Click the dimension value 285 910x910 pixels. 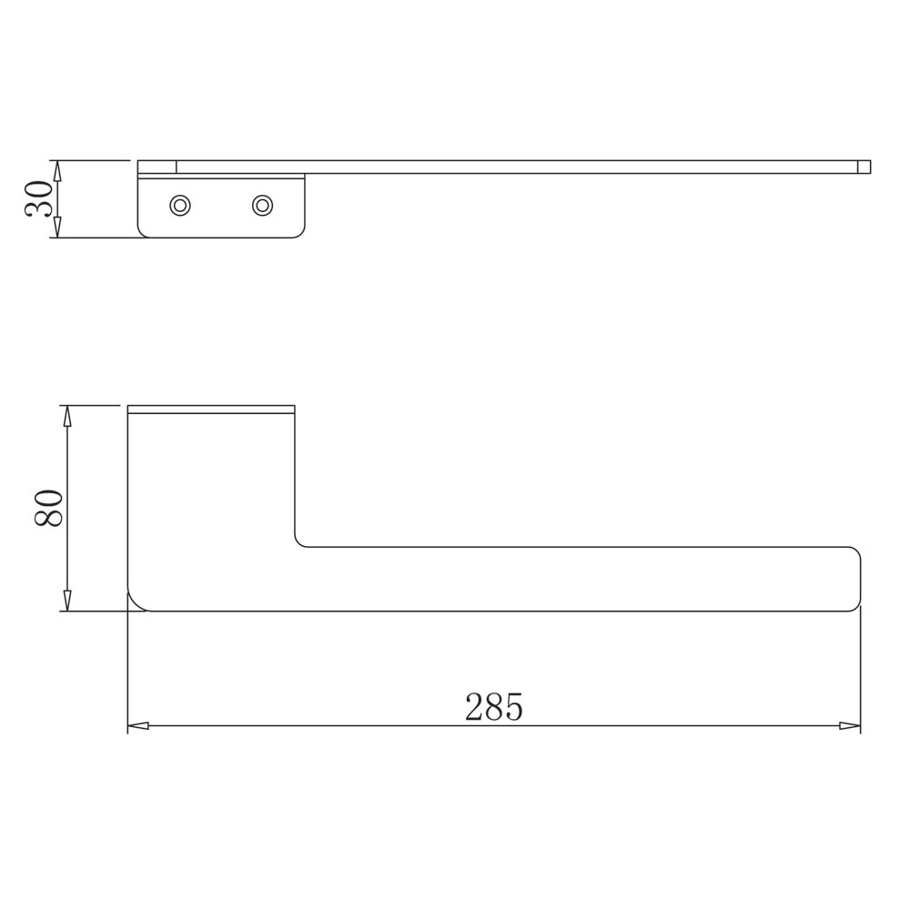(494, 706)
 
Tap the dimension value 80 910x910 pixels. (49, 508)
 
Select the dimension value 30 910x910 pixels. (39, 198)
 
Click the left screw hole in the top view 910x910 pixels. (180, 205)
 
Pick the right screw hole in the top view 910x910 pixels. (262, 205)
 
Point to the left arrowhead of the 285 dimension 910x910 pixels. (138, 725)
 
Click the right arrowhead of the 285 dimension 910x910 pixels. (850, 725)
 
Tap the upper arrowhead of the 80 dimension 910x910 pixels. (67, 416)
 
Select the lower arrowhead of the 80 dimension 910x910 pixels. (67, 600)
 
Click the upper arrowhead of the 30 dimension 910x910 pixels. (56, 171)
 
